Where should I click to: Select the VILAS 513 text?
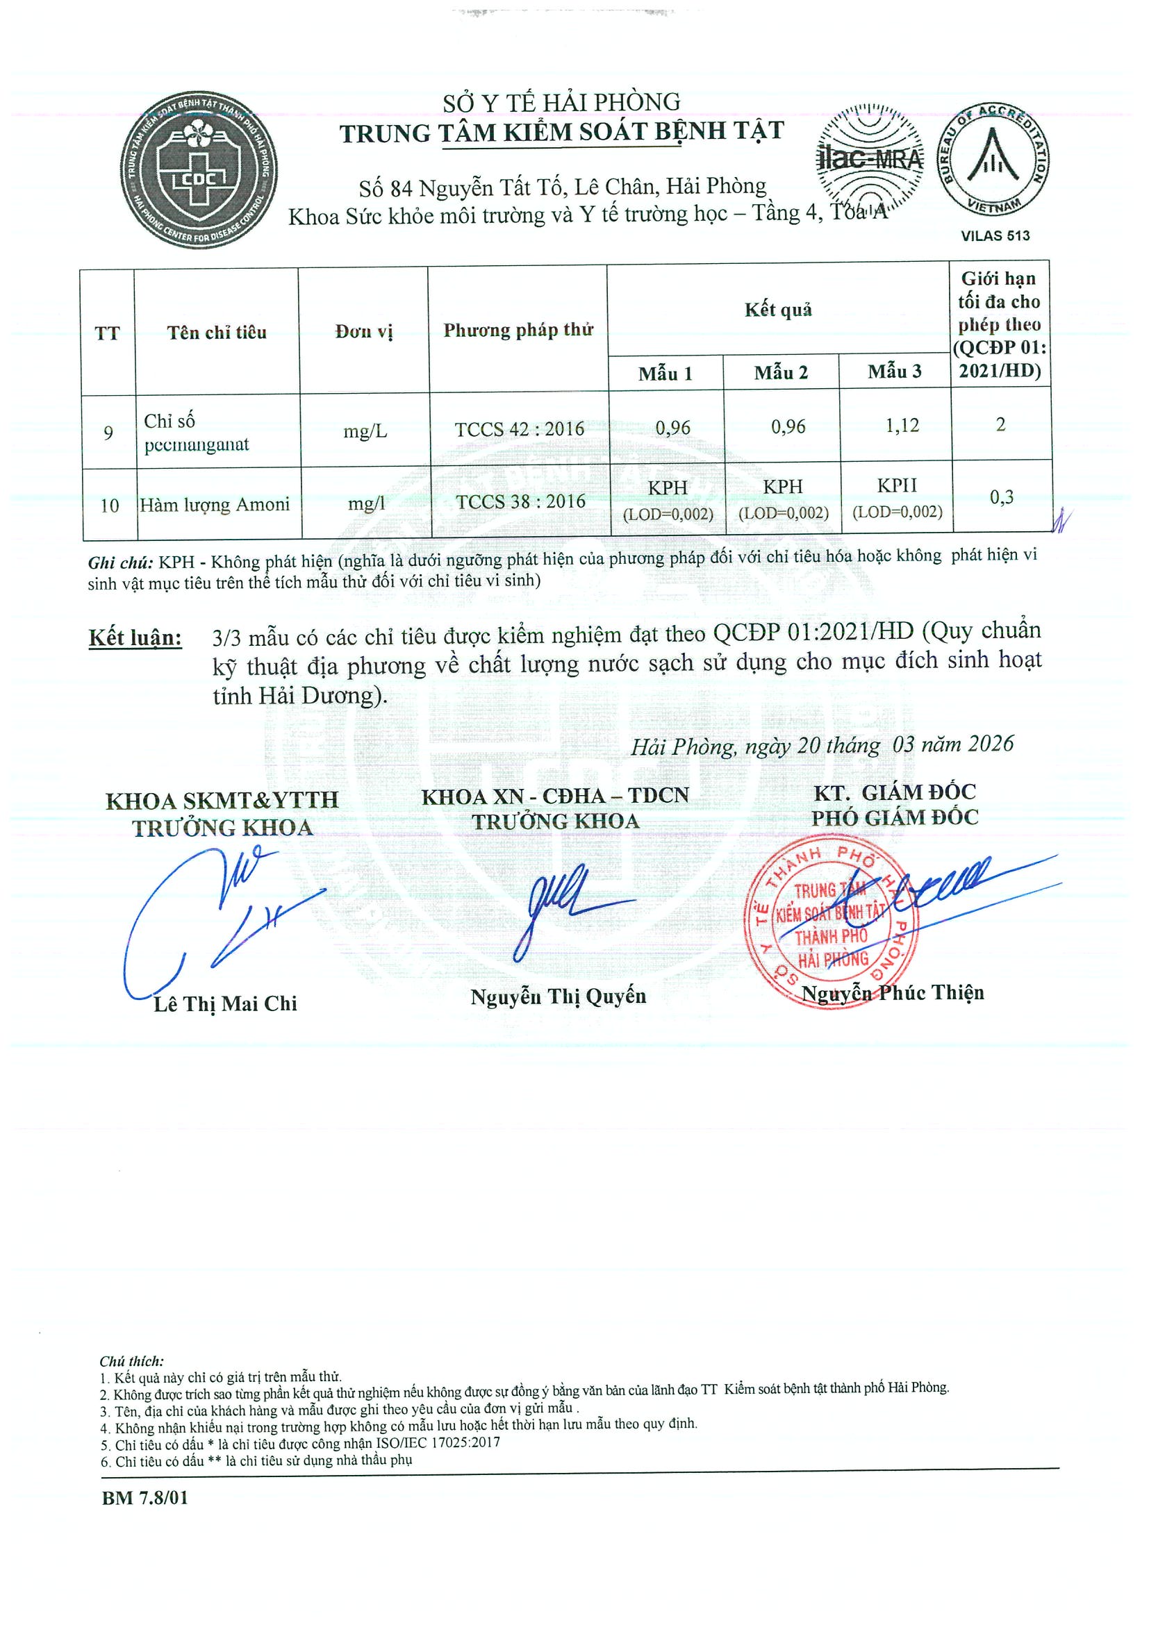(x=995, y=235)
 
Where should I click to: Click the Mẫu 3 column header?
(x=895, y=372)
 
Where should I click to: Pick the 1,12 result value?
(x=902, y=426)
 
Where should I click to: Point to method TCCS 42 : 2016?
(x=519, y=429)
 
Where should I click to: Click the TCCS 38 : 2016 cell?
(x=520, y=502)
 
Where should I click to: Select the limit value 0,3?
(x=1001, y=497)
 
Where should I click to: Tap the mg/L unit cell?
(x=365, y=431)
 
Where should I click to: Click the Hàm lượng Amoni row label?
(x=215, y=505)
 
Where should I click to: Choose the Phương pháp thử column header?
(x=518, y=330)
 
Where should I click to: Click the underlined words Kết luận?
(x=135, y=637)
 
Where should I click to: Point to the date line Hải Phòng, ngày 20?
(x=822, y=744)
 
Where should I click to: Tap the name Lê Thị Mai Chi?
(x=225, y=1003)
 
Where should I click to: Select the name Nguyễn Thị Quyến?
(x=558, y=997)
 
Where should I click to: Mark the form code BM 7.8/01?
(x=145, y=1498)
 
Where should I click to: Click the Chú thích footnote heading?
(x=132, y=1361)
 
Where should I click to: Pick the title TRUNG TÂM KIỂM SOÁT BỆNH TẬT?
(x=561, y=133)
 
